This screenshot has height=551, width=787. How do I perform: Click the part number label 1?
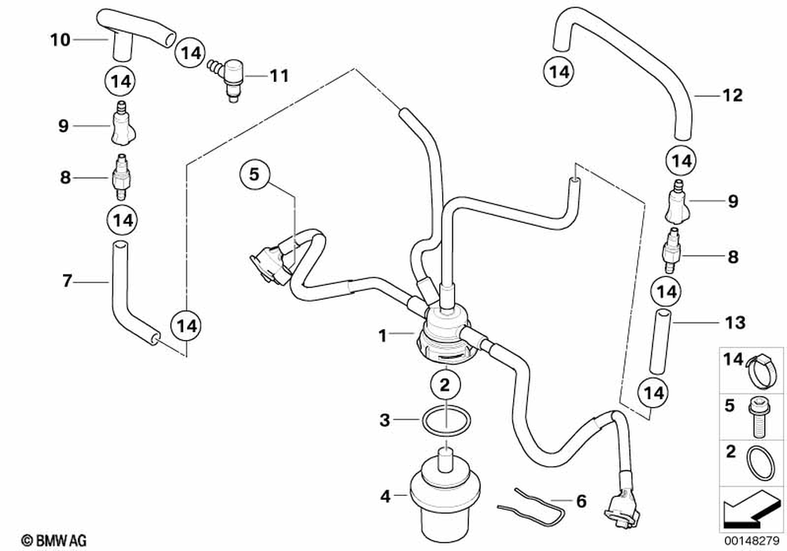[382, 335]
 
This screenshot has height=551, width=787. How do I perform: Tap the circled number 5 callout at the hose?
[253, 175]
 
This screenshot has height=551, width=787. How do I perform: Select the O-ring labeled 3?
[445, 421]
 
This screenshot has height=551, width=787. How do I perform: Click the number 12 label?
[732, 96]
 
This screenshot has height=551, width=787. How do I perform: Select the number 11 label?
[279, 76]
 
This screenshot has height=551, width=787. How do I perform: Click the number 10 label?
[61, 39]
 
